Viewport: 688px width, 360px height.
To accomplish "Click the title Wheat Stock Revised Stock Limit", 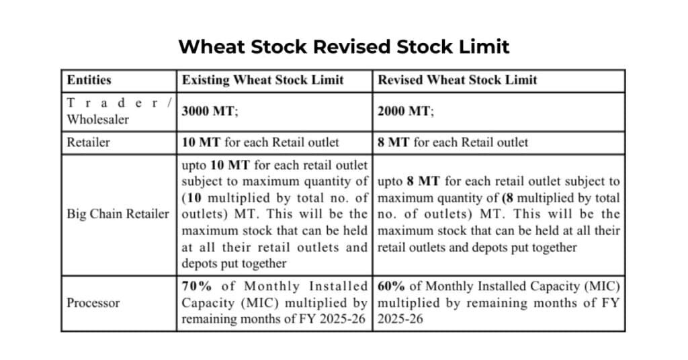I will coord(343,46).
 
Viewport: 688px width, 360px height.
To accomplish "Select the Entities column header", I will coord(89,80).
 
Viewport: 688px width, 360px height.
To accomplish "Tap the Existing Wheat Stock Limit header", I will coord(263,80).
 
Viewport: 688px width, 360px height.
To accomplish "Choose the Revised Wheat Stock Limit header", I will coord(458,80).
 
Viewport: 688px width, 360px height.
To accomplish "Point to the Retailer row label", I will coord(89,142).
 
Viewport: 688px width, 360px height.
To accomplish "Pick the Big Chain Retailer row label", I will coord(118,214).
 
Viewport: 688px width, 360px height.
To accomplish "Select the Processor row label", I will coord(93,303).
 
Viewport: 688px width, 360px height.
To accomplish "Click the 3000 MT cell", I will coord(210,111).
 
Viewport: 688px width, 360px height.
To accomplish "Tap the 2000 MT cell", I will coord(406,111).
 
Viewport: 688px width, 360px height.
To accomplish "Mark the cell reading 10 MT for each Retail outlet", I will coord(261,142).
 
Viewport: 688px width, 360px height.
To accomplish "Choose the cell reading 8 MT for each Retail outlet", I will coord(453,142).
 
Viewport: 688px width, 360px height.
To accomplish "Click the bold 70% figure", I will coord(195,287).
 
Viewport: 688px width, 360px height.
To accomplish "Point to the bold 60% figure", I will coord(391,287).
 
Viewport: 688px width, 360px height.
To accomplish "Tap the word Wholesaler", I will coord(97,119).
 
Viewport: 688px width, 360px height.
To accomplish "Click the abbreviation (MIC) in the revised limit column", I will coord(603,287).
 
